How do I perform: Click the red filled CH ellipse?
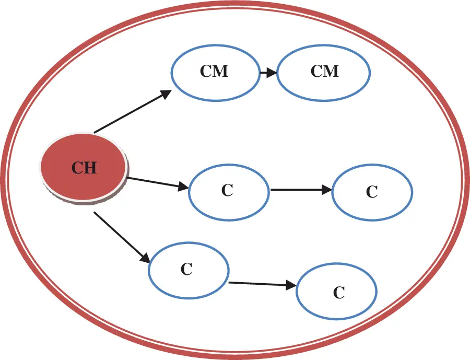point(84,168)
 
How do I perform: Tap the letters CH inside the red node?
point(84,168)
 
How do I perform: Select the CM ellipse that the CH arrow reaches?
point(216,73)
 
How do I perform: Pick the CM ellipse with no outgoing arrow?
point(324,73)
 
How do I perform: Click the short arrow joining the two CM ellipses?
point(268,73)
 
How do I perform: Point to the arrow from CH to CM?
point(133,111)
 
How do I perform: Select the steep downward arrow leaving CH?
point(122,238)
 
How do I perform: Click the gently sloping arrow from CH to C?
point(158,183)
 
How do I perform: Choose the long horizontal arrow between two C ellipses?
point(301,190)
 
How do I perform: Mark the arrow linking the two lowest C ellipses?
point(263,284)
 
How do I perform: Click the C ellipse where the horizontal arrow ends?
point(372,192)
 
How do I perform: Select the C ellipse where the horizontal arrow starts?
point(229,192)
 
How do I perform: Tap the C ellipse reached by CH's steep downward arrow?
point(189,270)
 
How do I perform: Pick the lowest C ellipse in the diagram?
point(337,292)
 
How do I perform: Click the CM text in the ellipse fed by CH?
point(214,72)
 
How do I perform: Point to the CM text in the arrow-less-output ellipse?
point(325,72)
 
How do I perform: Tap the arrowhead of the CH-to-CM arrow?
point(166,94)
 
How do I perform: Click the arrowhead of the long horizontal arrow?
point(327,190)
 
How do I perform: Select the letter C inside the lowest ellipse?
point(339,293)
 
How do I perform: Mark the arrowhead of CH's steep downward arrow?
point(145,258)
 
